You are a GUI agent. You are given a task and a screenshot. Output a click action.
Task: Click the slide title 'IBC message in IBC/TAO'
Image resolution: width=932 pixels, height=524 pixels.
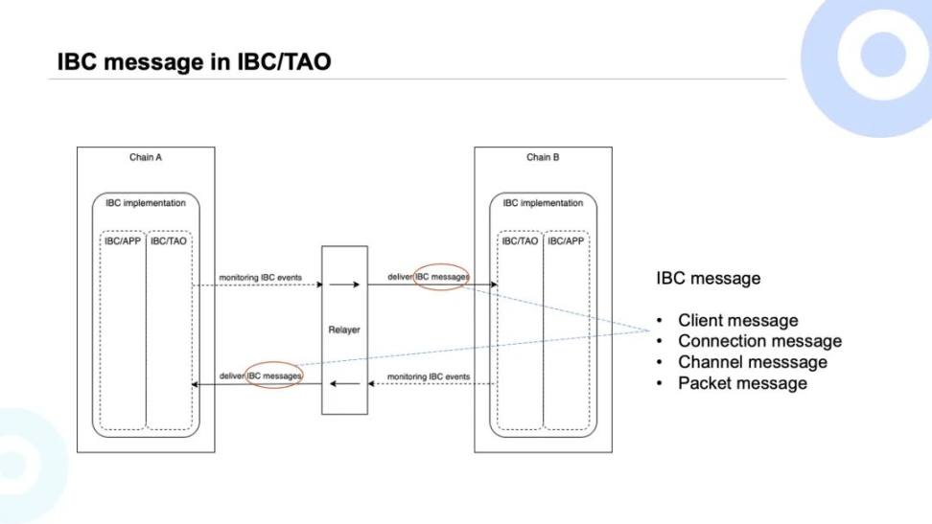(x=195, y=62)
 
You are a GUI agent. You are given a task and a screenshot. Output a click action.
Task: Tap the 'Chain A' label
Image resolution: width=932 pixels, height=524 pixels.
(x=146, y=157)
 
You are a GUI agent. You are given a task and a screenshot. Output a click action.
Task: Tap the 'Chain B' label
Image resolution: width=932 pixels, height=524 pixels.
(x=543, y=157)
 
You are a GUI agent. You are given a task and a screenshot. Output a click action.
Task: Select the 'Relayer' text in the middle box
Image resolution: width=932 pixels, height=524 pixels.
(x=344, y=330)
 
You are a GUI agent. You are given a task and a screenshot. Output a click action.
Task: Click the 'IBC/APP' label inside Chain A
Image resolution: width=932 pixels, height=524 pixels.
(x=123, y=240)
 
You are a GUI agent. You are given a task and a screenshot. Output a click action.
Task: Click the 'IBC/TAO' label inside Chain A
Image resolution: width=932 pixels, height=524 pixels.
(x=169, y=240)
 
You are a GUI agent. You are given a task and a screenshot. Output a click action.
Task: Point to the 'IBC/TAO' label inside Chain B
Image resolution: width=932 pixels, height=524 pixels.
(x=520, y=241)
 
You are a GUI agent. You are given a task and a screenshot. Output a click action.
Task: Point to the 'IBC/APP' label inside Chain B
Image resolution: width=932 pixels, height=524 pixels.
(x=566, y=241)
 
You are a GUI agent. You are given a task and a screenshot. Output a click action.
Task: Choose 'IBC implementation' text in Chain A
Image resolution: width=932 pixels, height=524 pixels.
(x=146, y=203)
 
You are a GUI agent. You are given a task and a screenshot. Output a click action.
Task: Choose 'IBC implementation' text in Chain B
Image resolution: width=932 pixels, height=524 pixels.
(x=543, y=203)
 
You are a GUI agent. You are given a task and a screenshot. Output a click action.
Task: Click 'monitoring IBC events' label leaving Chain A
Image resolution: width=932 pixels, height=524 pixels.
(x=260, y=278)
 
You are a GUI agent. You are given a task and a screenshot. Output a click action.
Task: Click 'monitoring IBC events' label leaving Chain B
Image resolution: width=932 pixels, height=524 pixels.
(x=429, y=377)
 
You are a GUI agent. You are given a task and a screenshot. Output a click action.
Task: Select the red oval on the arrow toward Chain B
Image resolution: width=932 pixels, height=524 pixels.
(x=441, y=277)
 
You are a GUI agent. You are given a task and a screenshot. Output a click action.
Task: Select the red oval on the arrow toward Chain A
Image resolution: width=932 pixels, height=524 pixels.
(x=274, y=376)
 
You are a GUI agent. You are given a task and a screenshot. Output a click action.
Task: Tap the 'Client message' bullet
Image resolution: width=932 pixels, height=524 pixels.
(x=737, y=321)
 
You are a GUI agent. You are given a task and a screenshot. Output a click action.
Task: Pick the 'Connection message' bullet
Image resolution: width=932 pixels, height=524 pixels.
(x=759, y=341)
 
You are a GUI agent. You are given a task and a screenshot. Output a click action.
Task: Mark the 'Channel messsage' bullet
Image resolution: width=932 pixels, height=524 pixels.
(x=752, y=362)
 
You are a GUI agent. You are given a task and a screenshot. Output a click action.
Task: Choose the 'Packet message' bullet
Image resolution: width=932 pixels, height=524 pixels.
(x=742, y=383)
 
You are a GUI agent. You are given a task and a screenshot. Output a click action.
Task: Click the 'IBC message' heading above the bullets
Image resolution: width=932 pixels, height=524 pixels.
(x=709, y=279)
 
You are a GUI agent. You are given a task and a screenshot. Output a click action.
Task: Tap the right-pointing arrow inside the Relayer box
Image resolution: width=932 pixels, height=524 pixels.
(x=344, y=285)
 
